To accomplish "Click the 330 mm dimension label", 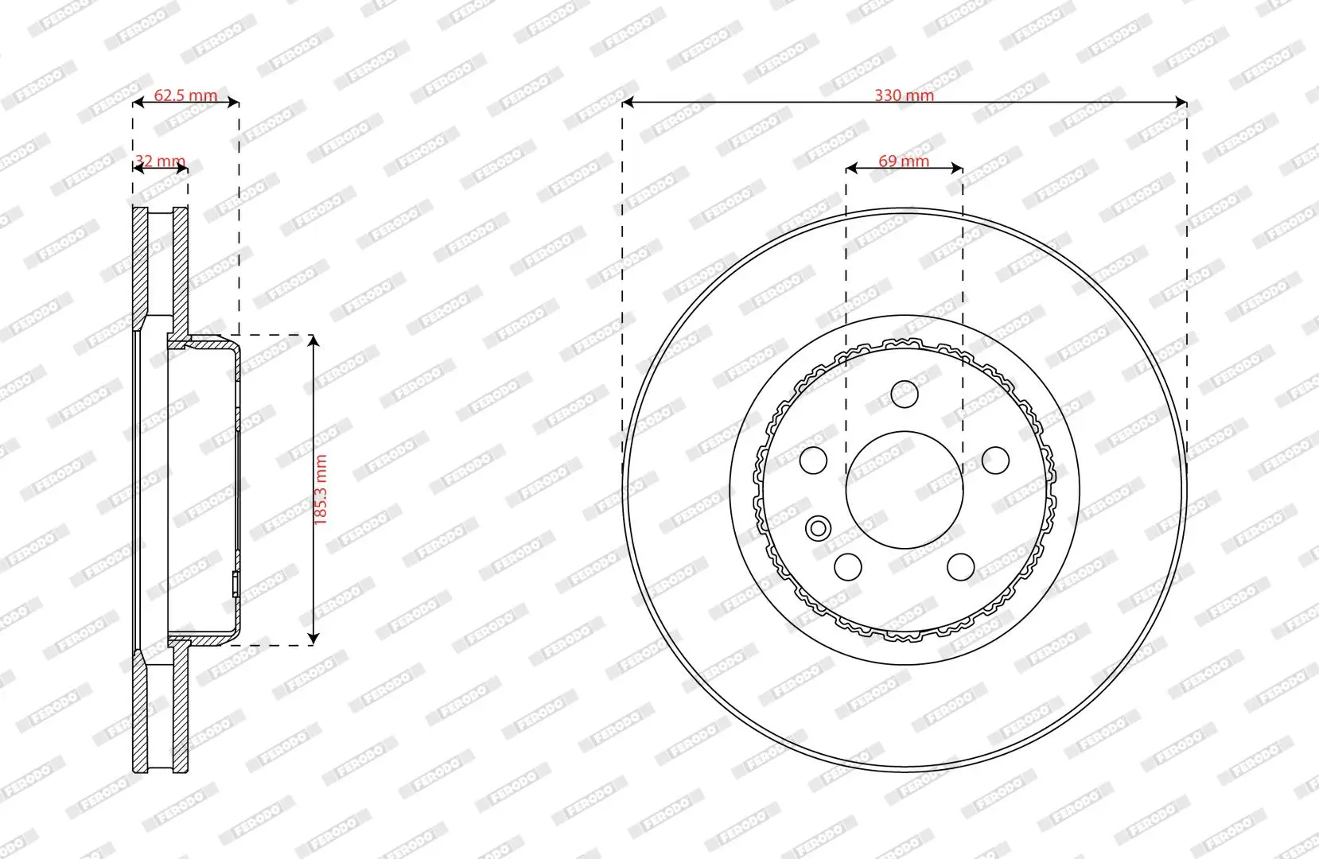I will pyautogui.click(x=905, y=95).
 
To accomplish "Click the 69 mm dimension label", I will pyautogui.click(x=904, y=161).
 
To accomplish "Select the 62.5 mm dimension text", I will pyautogui.click(x=185, y=95).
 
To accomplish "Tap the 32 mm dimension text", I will pyautogui.click(x=160, y=161).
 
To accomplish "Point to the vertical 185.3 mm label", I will pyautogui.click(x=321, y=489).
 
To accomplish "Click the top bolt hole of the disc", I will pyautogui.click(x=905, y=393).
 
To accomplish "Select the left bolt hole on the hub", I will pyautogui.click(x=813, y=460).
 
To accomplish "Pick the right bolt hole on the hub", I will pyautogui.click(x=996, y=460).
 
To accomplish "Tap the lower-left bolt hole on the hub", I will pyautogui.click(x=848, y=566).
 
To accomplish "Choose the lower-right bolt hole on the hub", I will pyautogui.click(x=961, y=566).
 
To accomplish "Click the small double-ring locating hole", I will pyautogui.click(x=818, y=527).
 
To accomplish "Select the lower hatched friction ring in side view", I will pyautogui.click(x=141, y=716).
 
